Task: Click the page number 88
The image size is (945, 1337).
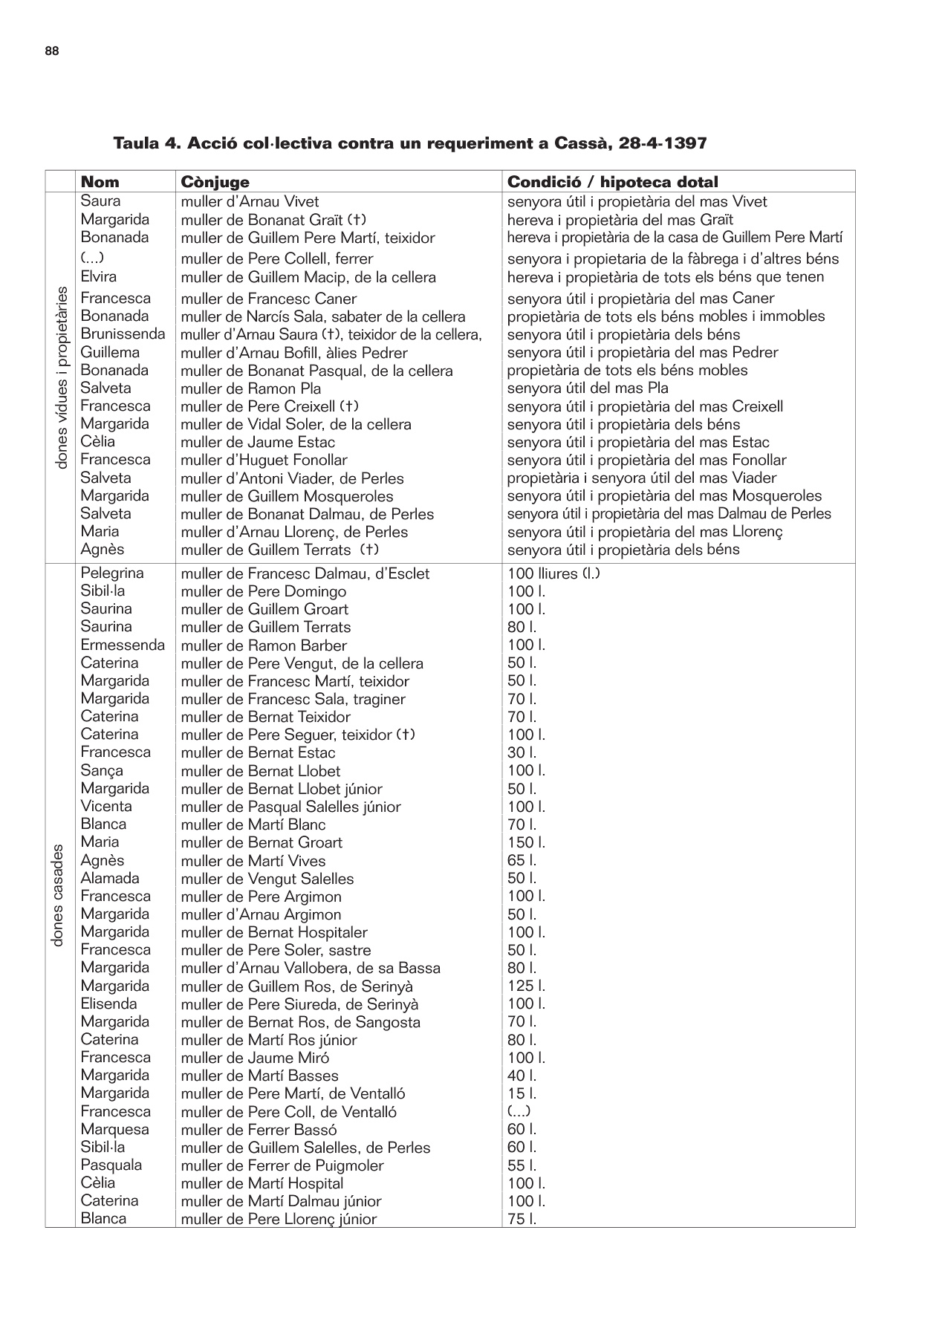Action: [x=52, y=51]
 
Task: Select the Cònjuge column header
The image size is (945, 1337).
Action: [x=215, y=182]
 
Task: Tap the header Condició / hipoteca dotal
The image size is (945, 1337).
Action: [x=612, y=182]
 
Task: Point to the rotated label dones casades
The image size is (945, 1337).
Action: [x=59, y=895]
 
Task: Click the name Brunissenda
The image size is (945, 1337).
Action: [x=123, y=334]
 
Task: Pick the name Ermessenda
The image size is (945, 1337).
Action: [x=123, y=645]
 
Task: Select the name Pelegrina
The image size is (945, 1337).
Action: [x=112, y=573]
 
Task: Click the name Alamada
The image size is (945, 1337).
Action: [x=110, y=878]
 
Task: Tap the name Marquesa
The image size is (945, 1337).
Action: [x=114, y=1129]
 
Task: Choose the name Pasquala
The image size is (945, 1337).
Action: [x=111, y=1165]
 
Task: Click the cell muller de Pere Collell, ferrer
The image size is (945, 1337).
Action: [x=276, y=258]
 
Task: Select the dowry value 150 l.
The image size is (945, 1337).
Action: [x=526, y=842]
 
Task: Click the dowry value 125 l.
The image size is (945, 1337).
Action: [x=526, y=986]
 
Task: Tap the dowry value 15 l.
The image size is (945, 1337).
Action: [x=522, y=1093]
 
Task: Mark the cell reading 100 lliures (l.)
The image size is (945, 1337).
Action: [x=553, y=573]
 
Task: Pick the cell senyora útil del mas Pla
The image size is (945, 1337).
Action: [x=587, y=388]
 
